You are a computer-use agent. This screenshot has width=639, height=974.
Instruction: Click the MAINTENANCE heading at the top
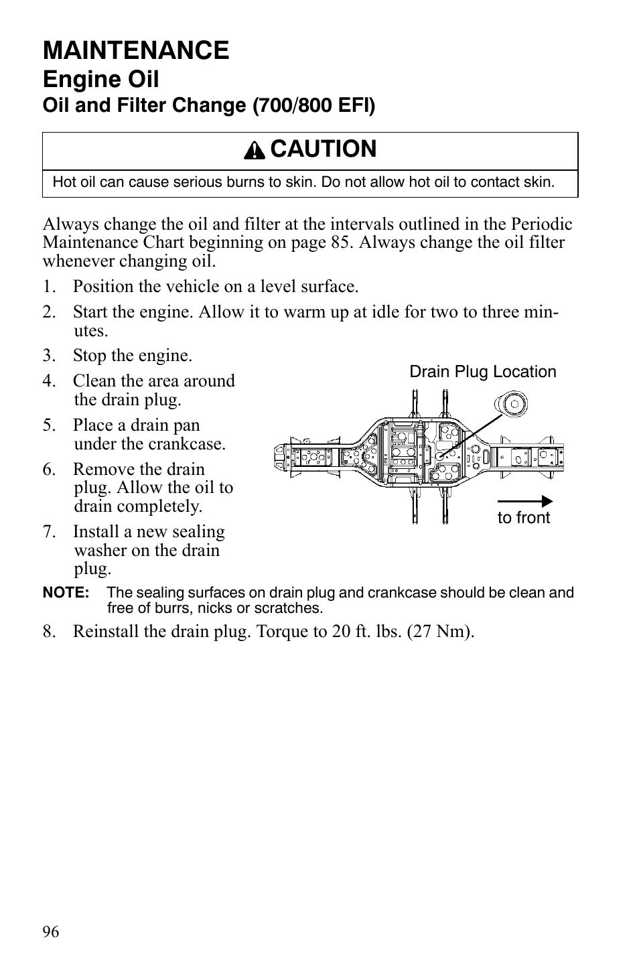pos(136,50)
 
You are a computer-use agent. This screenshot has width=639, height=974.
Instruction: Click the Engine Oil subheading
pos(101,80)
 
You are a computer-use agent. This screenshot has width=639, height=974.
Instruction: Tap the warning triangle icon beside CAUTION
pos(255,151)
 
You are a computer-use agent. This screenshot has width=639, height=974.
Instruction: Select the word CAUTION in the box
pos(324,149)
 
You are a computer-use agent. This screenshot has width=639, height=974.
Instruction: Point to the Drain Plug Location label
pos(482,372)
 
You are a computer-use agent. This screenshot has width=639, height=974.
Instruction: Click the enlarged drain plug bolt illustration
pos(510,404)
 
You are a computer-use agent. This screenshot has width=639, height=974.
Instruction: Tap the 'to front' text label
pos(523,518)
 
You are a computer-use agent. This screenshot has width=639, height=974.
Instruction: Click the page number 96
pos(51,932)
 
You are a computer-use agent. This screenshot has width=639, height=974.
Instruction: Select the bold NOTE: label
pos(66,593)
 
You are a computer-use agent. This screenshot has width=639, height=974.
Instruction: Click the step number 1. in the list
pos(48,287)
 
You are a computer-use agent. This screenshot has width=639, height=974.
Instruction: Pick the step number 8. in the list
pos(48,632)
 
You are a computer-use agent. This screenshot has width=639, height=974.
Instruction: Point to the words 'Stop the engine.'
pos(132,356)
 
